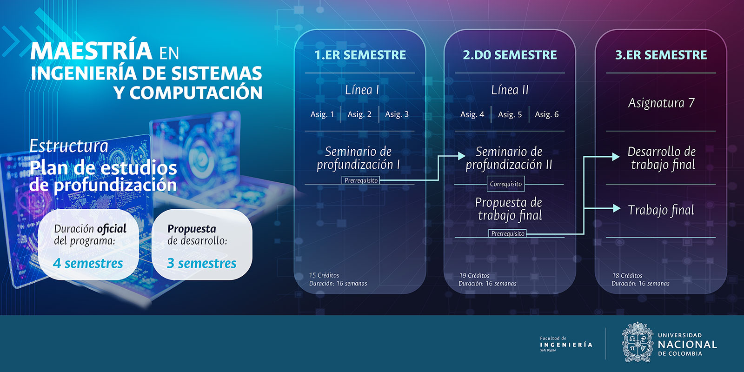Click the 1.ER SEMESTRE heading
pos(360,55)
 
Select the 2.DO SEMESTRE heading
pos(510,55)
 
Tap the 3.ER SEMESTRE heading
pos(661,55)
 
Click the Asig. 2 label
pos(359,114)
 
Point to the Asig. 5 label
pos(510,114)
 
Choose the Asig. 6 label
pos(547,114)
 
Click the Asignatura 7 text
pos(661,103)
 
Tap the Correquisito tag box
pos(506,184)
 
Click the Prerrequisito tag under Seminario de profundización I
pos(361,180)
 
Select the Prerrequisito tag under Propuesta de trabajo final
pos(508,233)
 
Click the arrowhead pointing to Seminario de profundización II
pos(462,155)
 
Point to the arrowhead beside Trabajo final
pos(617,208)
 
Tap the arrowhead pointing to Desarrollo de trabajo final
pos(616,157)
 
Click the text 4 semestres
pos(88,263)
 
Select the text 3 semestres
pos(202,263)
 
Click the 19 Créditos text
pos(474,275)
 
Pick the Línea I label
pos(362,90)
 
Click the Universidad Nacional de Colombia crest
pos(638,342)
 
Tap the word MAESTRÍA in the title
pos(91,51)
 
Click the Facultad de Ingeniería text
pos(566,344)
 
